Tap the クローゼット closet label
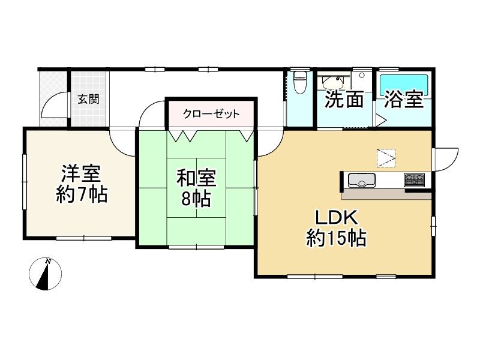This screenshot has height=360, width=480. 211,113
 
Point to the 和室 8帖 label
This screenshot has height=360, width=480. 195,188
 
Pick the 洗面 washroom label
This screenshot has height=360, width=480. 344,100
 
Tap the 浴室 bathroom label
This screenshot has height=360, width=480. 404,100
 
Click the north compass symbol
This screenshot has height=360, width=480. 46,274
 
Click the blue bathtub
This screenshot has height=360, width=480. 403,83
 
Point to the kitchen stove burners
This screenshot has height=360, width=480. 414,179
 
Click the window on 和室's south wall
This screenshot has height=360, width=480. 196,247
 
